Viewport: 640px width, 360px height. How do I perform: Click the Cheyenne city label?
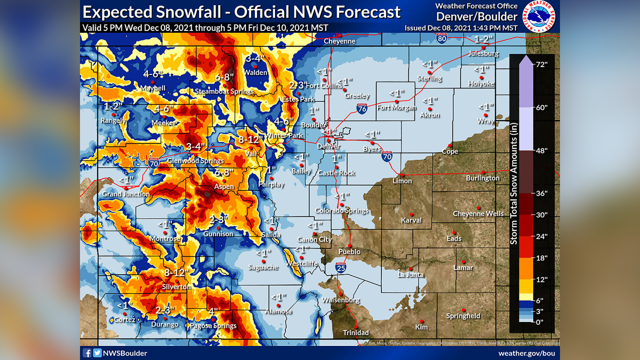coord(339,41)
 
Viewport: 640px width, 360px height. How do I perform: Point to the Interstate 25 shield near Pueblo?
coord(340,268)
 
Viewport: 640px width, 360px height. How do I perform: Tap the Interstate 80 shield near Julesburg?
coord(441,37)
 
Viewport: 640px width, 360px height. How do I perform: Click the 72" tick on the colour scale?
coord(541,64)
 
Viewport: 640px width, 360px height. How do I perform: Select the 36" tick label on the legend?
coord(541,193)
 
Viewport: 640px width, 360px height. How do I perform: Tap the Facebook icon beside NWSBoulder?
coord(87,353)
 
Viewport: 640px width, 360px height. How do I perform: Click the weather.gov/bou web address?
coord(526,353)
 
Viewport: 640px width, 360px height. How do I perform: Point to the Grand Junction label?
coord(125,194)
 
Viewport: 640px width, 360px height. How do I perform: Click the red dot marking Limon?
coord(401,175)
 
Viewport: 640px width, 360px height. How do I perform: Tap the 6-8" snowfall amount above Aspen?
coord(223,172)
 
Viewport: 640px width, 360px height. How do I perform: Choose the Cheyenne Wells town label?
coord(478,214)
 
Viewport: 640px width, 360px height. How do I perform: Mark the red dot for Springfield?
coord(463,310)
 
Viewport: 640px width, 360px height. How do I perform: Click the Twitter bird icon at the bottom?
coord(97,353)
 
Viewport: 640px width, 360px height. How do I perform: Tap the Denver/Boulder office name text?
coord(470,16)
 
